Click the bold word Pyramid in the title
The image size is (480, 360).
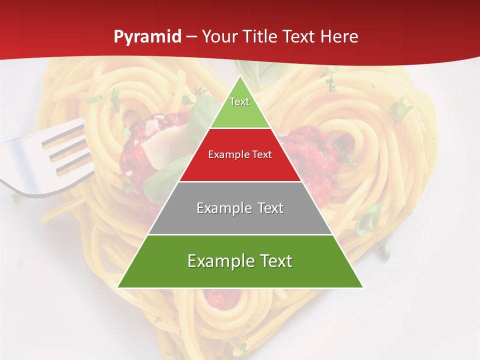tap(147, 37)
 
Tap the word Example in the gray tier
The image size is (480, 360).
tap(224, 208)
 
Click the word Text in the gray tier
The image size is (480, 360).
tap(270, 208)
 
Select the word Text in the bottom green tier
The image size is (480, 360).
tap(275, 261)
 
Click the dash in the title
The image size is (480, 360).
tap(191, 37)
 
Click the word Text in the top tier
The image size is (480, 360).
tap(239, 101)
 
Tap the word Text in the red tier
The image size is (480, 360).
tap(261, 155)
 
